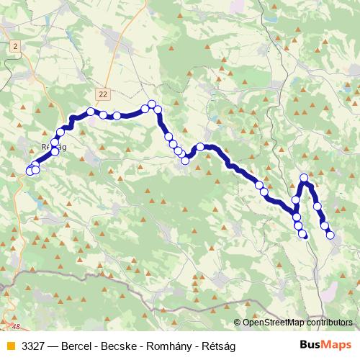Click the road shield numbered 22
click(x=104, y=94)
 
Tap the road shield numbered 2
click(x=14, y=45)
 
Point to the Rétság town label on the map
click(x=55, y=145)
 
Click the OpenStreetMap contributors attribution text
click(x=295, y=323)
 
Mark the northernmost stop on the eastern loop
click(x=304, y=178)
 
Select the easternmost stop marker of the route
click(x=330, y=235)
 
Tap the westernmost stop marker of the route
click(x=30, y=171)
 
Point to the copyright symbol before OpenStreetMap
click(x=238, y=323)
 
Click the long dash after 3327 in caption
click(x=53, y=344)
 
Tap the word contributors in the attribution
click(x=328, y=323)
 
